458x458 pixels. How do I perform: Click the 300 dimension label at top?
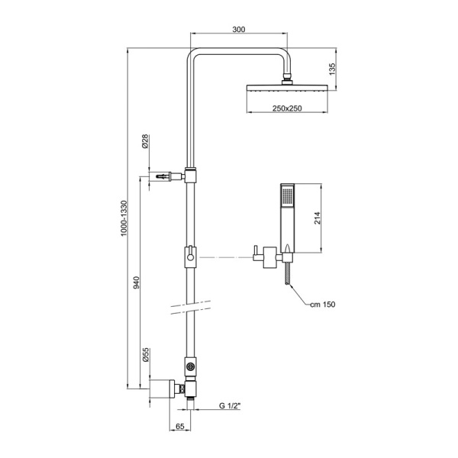pos(239,28)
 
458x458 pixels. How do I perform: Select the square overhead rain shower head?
pos(287,88)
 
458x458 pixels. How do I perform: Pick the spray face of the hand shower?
pos(286,195)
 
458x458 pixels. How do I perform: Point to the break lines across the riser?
pos(189,307)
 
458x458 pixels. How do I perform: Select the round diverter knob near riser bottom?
pos(189,369)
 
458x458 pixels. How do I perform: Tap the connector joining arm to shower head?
pos(287,78)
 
